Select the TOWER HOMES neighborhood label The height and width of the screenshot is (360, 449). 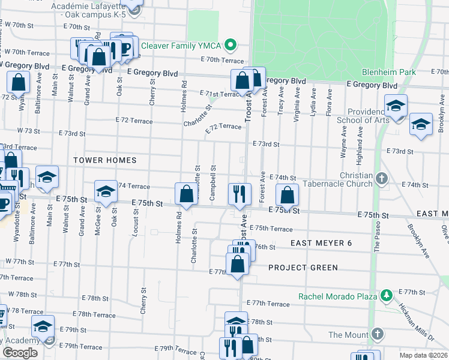pyautogui.click(x=105, y=160)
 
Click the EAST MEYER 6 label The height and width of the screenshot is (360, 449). pyautogui.click(x=321, y=243)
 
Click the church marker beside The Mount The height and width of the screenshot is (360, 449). pyautogui.click(x=377, y=334)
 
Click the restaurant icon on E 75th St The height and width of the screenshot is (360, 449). pyautogui.click(x=239, y=193)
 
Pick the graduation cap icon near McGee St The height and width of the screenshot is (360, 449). pyautogui.click(x=106, y=191)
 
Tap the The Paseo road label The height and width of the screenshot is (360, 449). pyautogui.click(x=378, y=237)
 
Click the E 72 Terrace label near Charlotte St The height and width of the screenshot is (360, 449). pyautogui.click(x=223, y=127)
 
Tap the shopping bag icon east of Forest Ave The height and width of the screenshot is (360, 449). pyautogui.click(x=288, y=194)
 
